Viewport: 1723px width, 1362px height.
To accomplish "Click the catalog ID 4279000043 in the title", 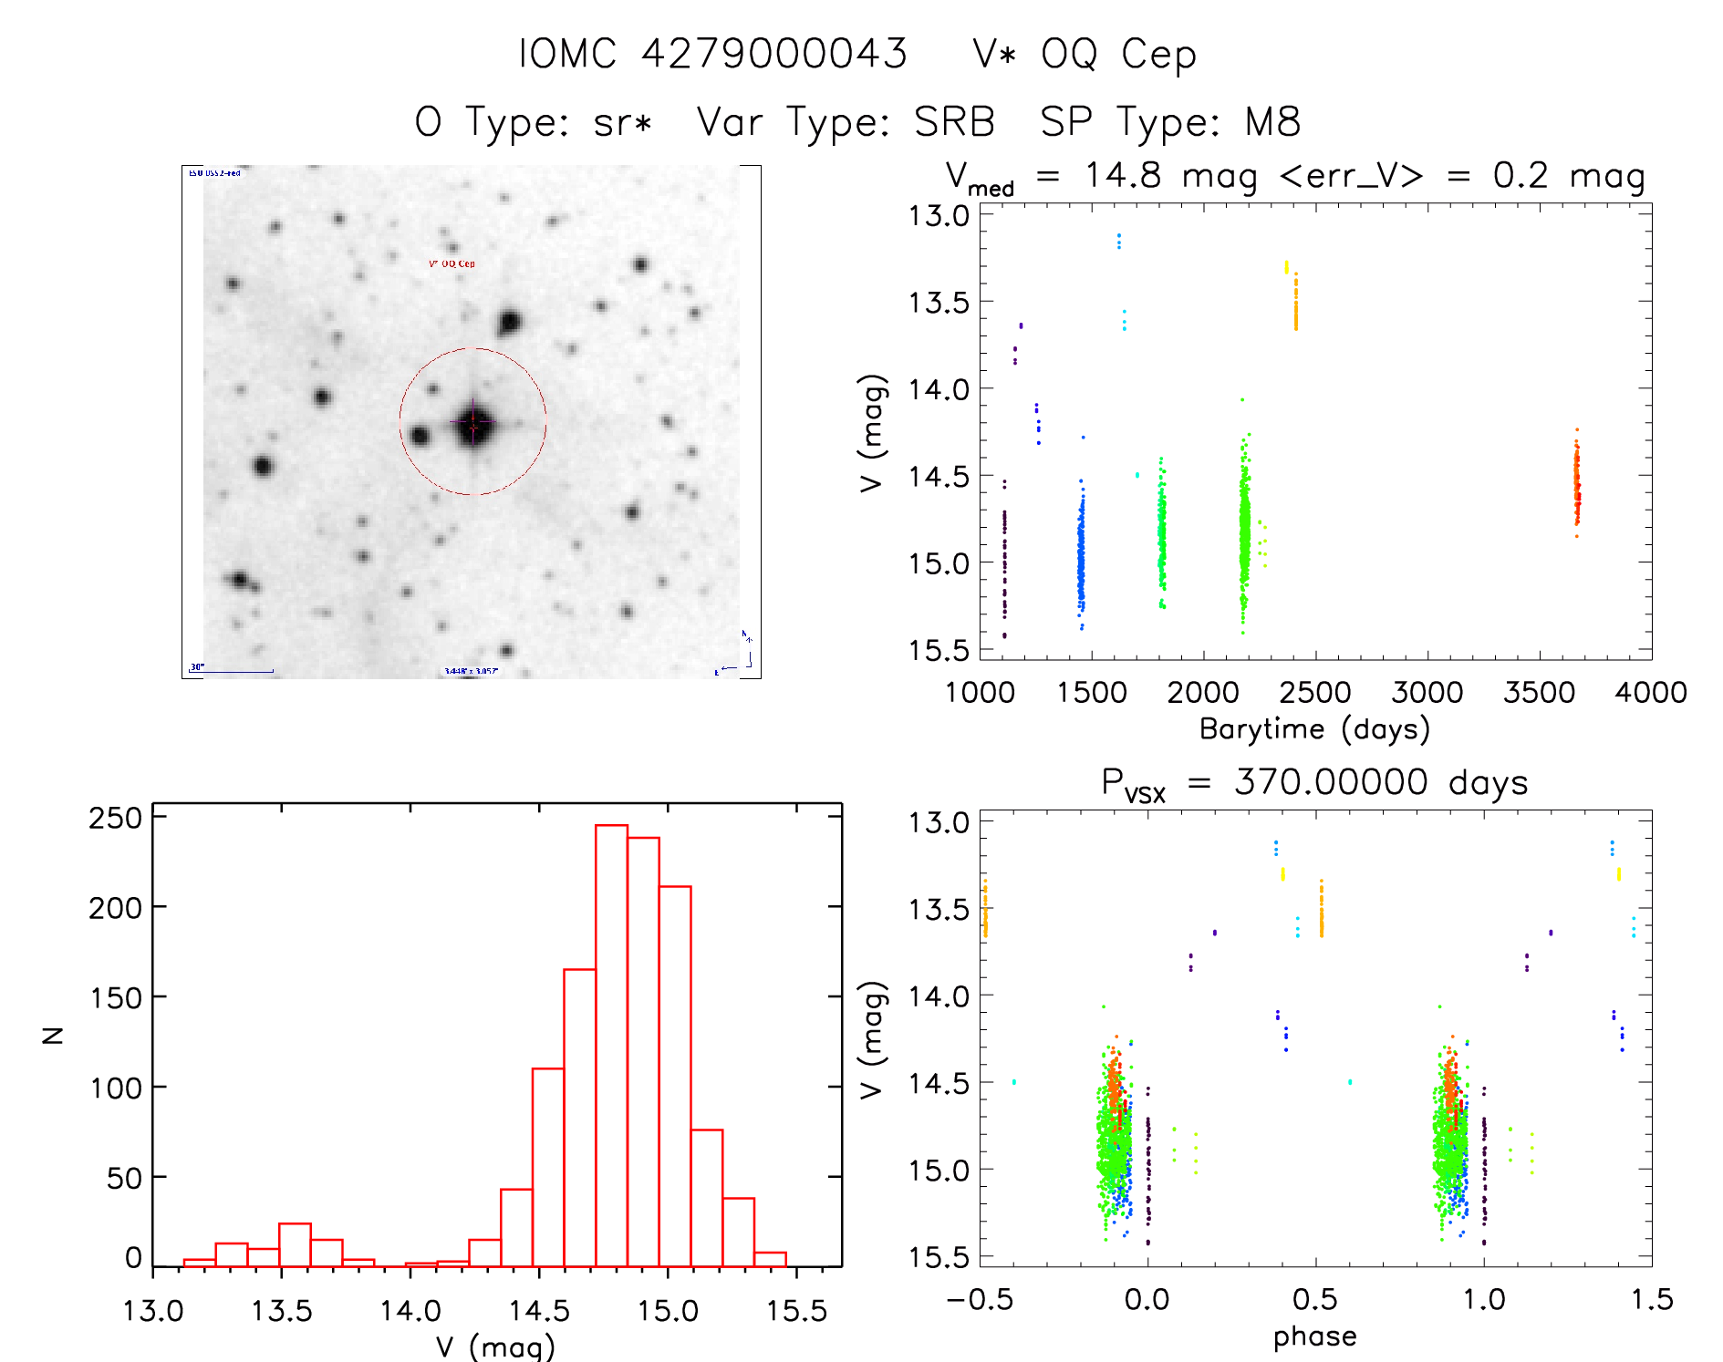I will click(x=774, y=54).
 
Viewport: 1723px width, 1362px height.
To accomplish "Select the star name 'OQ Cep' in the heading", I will click(x=1118, y=55).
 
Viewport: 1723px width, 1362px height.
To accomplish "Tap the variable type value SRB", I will click(x=954, y=122).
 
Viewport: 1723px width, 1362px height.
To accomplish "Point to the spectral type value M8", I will click(x=1272, y=122).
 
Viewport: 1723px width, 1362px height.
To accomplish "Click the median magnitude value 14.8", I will click(x=1123, y=175).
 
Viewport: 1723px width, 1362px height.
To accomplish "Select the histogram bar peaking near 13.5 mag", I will click(x=295, y=1244).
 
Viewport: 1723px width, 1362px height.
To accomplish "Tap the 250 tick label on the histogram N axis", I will click(x=115, y=818).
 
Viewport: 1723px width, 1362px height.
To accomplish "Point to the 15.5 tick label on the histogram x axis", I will click(x=796, y=1311).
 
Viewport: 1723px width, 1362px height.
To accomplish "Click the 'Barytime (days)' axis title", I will click(x=1314, y=729).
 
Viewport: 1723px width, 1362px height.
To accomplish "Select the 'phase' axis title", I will click(x=1314, y=1336).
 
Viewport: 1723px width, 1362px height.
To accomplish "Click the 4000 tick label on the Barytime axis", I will click(x=1650, y=693).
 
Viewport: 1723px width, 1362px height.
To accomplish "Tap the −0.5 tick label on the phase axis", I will click(x=980, y=1300).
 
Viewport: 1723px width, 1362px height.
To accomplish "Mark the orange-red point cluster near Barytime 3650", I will click(x=1576, y=483).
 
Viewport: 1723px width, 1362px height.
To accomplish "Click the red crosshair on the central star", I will click(x=472, y=423).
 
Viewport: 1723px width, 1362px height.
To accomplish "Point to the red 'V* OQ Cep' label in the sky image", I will click(x=452, y=263).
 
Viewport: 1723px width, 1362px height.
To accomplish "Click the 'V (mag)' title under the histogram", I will click(x=495, y=1347).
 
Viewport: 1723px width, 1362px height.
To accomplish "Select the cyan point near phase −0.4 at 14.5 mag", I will click(x=1013, y=1082).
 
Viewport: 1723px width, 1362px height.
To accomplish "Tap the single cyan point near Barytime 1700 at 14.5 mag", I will click(x=1137, y=475).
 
